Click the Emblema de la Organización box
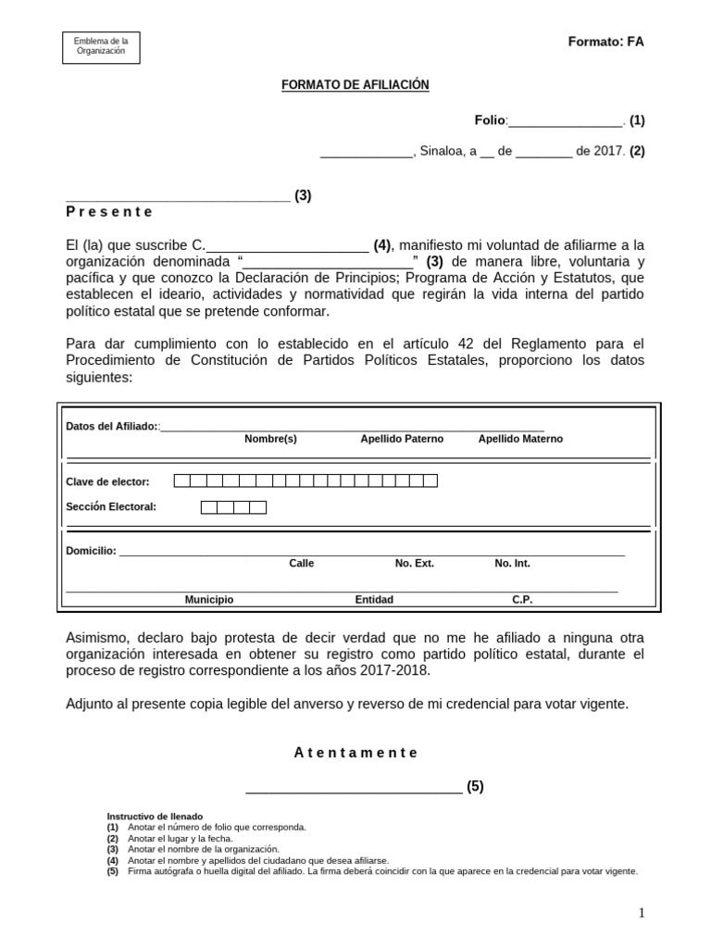click(101, 47)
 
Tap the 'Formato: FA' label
click(605, 43)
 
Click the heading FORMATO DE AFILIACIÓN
click(355, 85)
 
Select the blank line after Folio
click(566, 120)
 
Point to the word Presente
click(109, 211)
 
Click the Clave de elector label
click(107, 481)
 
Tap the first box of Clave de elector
click(182, 480)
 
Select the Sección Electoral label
click(111, 506)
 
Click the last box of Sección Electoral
click(257, 507)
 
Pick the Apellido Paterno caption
click(402, 439)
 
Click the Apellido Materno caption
click(519, 439)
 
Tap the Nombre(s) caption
click(270, 439)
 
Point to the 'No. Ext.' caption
click(414, 563)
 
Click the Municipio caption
click(209, 600)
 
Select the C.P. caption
click(522, 600)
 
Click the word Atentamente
click(355, 753)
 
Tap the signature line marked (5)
click(354, 788)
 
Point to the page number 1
click(642, 914)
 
